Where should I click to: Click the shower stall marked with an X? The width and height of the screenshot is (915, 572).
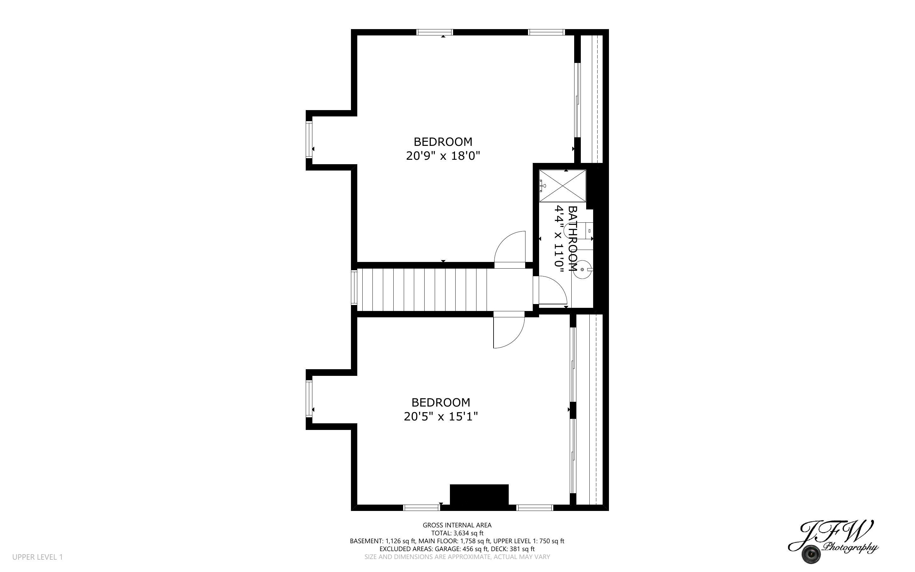point(562,186)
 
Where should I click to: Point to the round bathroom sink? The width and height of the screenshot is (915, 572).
point(582,269)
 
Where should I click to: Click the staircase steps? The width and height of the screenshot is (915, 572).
point(421,290)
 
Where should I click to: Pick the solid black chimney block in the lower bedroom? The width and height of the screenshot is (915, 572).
point(479,494)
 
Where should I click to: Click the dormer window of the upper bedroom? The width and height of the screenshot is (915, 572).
point(309,140)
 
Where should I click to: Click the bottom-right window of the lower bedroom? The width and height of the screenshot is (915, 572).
point(534,508)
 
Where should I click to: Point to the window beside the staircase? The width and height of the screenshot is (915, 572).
point(354,287)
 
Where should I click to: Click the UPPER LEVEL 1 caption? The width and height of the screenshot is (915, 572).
point(37,557)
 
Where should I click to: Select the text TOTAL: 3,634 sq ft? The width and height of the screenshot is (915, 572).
point(457,533)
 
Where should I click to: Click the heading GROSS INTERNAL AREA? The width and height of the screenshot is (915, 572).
point(457,525)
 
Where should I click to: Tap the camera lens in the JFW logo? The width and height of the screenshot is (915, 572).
point(811,554)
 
